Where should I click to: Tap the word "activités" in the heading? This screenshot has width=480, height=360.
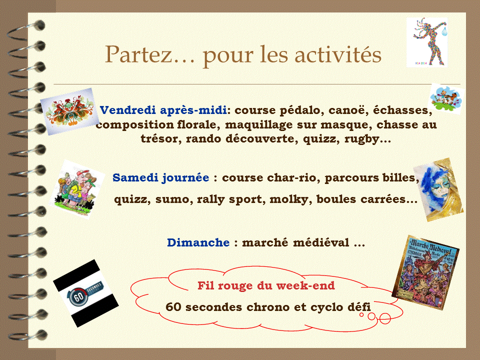coord(338,54)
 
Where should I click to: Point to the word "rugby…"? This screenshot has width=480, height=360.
coord(367,139)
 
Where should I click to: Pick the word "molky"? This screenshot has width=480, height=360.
coord(289,199)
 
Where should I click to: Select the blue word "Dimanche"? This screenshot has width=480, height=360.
coord(198,242)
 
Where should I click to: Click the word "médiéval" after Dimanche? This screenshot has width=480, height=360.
coord(321,242)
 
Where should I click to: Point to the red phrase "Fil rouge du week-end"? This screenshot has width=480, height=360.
coord(266,285)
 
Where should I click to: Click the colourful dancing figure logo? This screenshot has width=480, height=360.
coord(427,42)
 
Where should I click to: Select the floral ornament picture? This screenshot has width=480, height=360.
coord(69,111)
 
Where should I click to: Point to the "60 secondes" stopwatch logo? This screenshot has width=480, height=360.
coord(85,293)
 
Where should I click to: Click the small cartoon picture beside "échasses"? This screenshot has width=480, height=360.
coord(446,98)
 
